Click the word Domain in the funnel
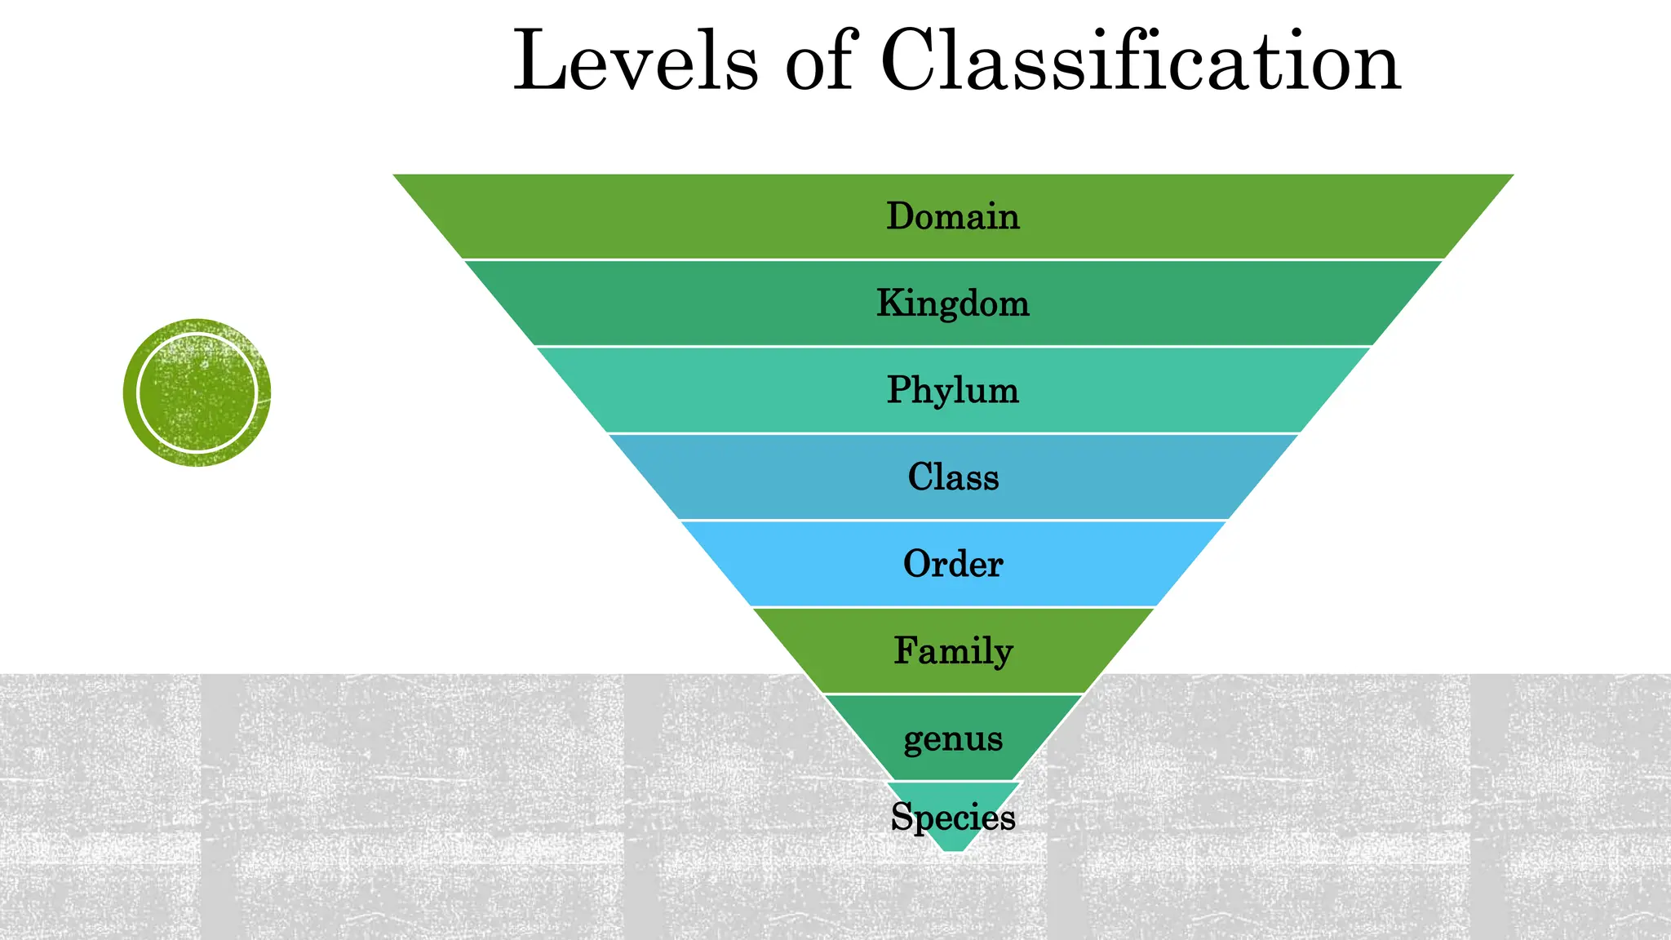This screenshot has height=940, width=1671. coord(953,217)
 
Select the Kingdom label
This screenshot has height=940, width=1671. coord(953,304)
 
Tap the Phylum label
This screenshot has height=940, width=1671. coord(953,390)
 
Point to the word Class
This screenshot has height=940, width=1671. coord(953,477)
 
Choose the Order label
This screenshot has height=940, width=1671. coord(953,564)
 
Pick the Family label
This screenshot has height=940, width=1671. coord(953,651)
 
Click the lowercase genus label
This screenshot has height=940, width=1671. coord(953,739)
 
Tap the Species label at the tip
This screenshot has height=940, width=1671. coord(953,817)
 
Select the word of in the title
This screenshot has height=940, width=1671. coord(819,62)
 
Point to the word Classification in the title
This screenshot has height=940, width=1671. coord(1141,62)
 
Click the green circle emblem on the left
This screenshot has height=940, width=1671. coord(197,392)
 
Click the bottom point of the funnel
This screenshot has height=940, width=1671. coord(953,849)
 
